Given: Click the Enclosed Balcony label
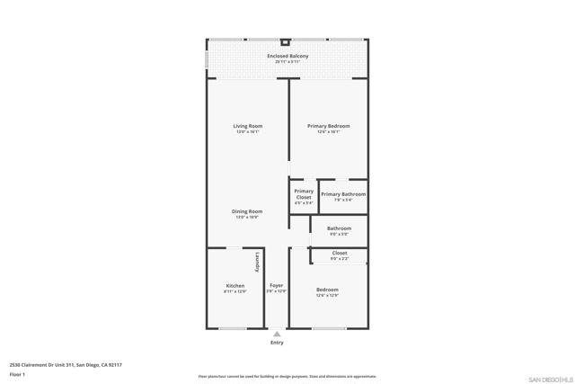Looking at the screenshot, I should (x=287, y=57).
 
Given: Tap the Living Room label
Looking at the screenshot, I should (x=247, y=126).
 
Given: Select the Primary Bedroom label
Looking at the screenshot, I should (x=328, y=126).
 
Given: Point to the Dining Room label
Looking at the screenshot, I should (x=247, y=211).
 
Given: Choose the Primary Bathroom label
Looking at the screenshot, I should (x=343, y=194).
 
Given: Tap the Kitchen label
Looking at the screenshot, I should (x=234, y=286).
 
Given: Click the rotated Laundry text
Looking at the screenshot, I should (x=257, y=262).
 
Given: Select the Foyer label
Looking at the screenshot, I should (x=277, y=286).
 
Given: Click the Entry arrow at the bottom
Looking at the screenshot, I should (x=277, y=334).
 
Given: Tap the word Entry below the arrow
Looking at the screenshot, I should (x=277, y=343).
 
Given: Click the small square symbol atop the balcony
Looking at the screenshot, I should (x=286, y=41).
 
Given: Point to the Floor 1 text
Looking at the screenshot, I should (x=17, y=374).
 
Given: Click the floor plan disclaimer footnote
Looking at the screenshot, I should (x=287, y=377).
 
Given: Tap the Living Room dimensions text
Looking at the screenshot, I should (x=247, y=132).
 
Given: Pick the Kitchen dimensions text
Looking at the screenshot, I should (x=234, y=291).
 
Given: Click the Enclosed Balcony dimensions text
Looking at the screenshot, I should (x=287, y=63).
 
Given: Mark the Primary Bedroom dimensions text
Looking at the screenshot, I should (x=328, y=132).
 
